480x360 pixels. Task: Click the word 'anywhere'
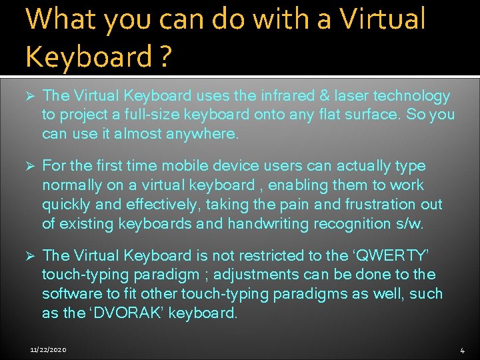(x=201, y=133)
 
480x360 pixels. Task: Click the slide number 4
(x=462, y=350)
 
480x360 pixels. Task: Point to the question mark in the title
(x=164, y=57)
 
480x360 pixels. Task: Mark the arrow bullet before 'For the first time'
(x=29, y=165)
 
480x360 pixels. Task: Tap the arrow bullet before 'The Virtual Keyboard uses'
(x=29, y=96)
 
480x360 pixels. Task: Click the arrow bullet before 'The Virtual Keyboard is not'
(x=29, y=255)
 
